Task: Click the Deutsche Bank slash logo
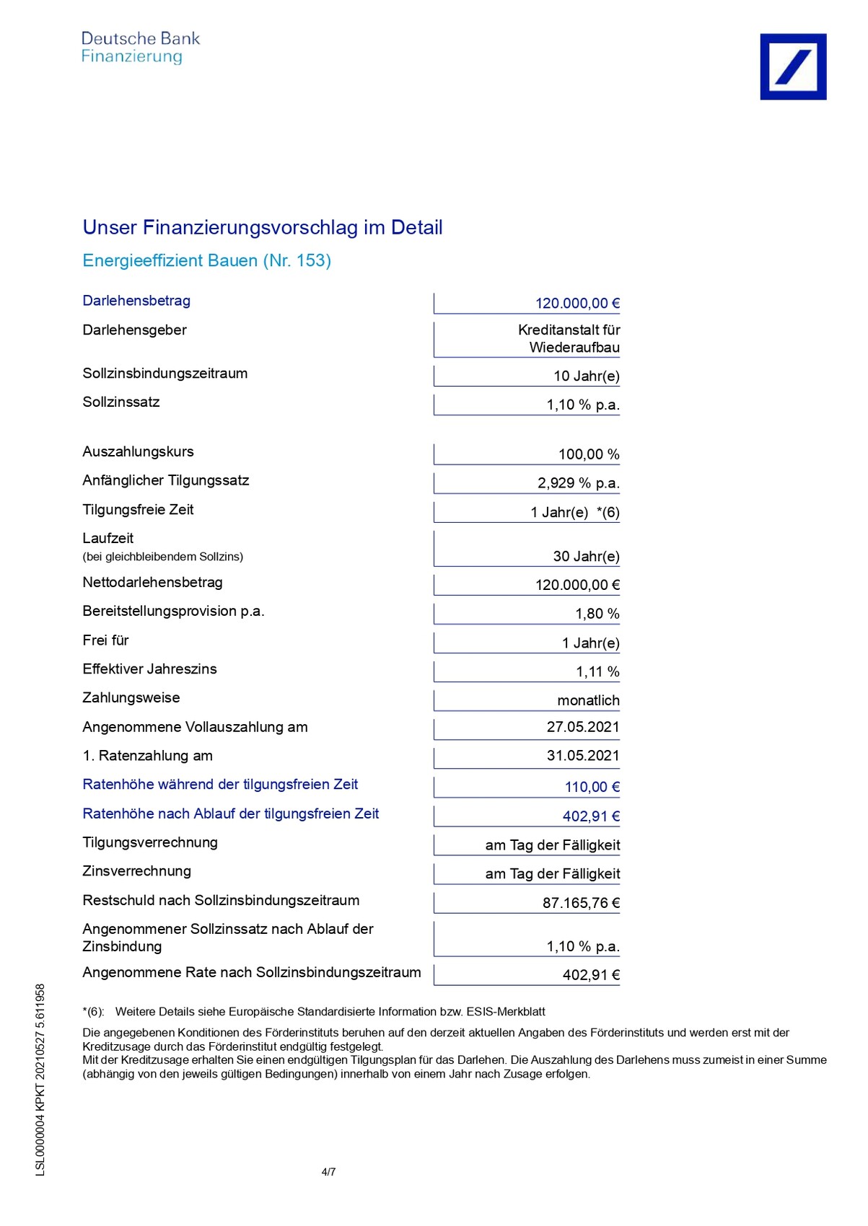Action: tap(793, 66)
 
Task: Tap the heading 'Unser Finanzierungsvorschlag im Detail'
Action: tap(263, 228)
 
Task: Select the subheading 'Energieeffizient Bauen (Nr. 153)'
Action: tap(207, 260)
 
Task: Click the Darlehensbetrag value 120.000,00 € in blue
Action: tap(577, 304)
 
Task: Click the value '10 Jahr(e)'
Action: tap(586, 376)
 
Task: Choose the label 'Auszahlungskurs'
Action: tap(138, 451)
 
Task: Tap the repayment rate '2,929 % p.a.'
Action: tap(578, 483)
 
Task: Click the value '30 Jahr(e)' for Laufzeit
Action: tap(586, 556)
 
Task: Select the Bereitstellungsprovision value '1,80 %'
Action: tap(597, 614)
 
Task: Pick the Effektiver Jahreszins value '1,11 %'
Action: tap(597, 671)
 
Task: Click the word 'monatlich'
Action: tap(588, 700)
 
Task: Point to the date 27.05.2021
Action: tap(582, 727)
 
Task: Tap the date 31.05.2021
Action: tap(582, 756)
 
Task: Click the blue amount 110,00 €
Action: tap(592, 787)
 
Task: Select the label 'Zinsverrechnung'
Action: tap(136, 871)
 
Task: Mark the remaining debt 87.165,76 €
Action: tap(581, 903)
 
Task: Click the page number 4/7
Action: tap(328, 1172)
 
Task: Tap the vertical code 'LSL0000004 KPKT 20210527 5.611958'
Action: tap(40, 1080)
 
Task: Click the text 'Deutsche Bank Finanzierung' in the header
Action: tap(140, 48)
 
